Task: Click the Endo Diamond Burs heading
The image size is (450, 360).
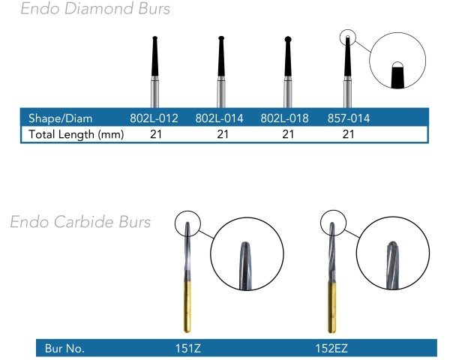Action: coord(95,8)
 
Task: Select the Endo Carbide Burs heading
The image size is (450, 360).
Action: coord(80,222)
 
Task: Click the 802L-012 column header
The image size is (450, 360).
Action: coord(154,118)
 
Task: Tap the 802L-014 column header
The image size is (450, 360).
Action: coord(219,118)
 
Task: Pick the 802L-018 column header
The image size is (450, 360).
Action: coord(284,118)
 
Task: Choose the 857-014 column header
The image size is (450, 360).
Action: coord(349,118)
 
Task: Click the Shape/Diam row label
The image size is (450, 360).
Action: coord(61,118)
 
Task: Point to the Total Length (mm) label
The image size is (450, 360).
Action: coord(76,134)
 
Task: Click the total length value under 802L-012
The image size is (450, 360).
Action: coord(156,134)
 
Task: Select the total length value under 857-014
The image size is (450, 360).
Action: coord(348,134)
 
